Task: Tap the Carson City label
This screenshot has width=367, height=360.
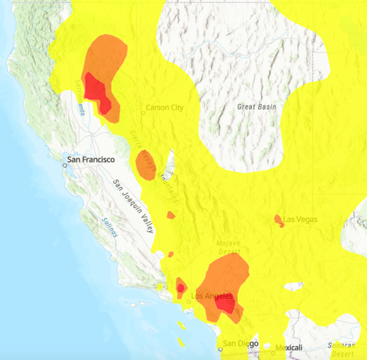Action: pos(165,108)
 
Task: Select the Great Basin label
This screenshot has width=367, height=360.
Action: pos(257,107)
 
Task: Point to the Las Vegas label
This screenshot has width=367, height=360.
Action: pos(299,218)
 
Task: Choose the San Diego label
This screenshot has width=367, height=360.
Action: pos(240,343)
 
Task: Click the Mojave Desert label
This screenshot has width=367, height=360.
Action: pos(230,249)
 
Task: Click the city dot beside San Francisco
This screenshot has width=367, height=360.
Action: pos(64,164)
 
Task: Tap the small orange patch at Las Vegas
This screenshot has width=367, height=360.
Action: pos(279,220)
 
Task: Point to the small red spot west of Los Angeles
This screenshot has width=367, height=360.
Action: pos(181,289)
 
